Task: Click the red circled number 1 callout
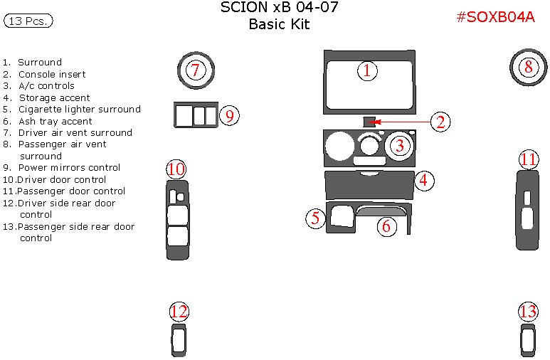(x=366, y=70)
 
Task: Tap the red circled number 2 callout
(x=440, y=122)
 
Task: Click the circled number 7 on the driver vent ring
(x=196, y=70)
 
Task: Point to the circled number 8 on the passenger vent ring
(x=528, y=68)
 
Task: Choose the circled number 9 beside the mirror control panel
(x=229, y=115)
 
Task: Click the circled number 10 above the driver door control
(x=176, y=169)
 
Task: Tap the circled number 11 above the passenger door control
(x=528, y=159)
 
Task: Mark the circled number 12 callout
(x=179, y=312)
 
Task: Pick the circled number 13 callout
(x=528, y=312)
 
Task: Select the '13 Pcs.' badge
(x=28, y=21)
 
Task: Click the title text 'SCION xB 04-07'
(x=279, y=8)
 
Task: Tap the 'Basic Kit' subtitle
(x=279, y=24)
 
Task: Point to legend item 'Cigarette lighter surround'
(x=79, y=110)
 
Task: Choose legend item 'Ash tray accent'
(x=55, y=121)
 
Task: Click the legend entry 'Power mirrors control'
(x=69, y=168)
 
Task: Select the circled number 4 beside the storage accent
(x=423, y=180)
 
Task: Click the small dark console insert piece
(x=369, y=122)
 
